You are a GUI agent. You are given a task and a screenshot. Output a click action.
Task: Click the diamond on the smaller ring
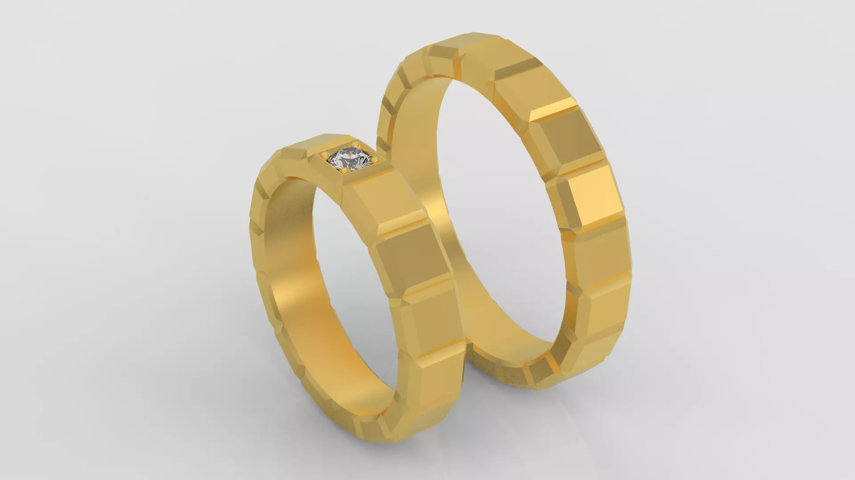pyautogui.click(x=350, y=160)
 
